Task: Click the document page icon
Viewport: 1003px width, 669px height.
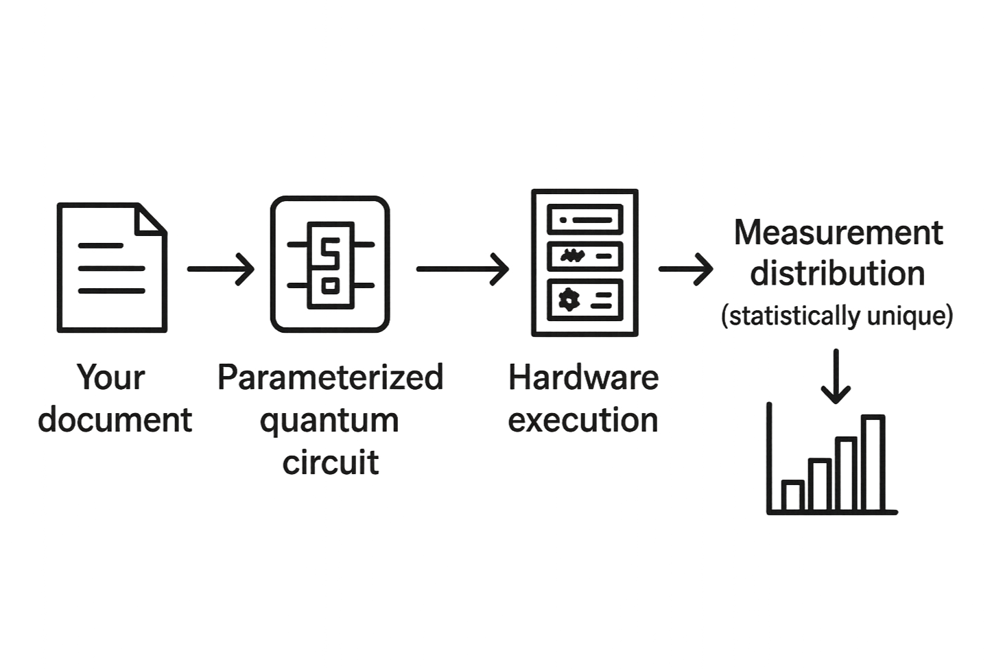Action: point(111,268)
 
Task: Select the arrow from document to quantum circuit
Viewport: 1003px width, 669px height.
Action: point(220,269)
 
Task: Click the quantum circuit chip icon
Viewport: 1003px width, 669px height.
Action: point(330,264)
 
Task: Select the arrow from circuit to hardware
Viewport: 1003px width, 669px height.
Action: point(462,269)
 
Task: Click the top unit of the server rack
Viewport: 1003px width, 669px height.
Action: point(585,220)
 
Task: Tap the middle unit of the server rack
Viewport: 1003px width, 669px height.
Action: point(585,257)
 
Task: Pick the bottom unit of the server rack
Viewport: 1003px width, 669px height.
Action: point(585,297)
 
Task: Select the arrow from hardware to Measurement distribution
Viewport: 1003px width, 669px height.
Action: point(685,269)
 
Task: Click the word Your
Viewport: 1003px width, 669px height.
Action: point(111,377)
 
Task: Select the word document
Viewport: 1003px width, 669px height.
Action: point(115,420)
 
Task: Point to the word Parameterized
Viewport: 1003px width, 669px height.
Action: point(330,377)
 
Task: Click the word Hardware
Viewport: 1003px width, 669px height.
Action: point(584,377)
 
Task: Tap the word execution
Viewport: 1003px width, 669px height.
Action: point(584,420)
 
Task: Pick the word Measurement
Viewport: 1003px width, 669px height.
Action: point(838,233)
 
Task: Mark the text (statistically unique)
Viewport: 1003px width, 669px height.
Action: point(836,316)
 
